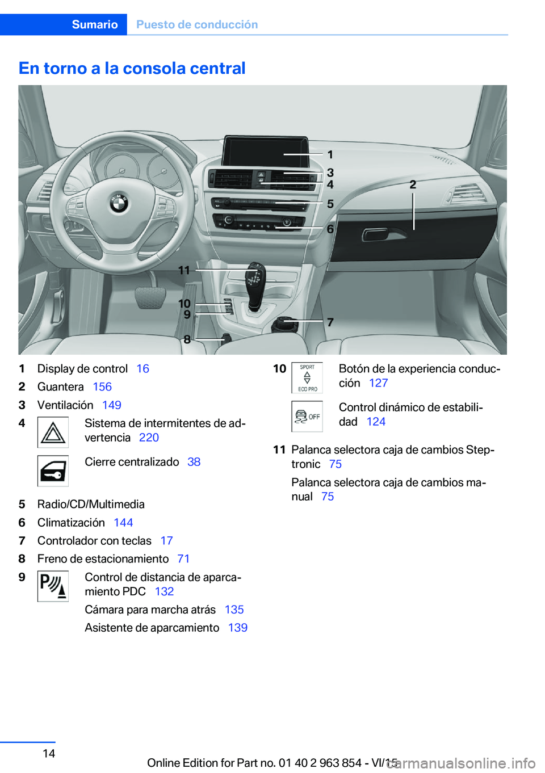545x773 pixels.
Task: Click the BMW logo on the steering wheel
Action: click(x=119, y=203)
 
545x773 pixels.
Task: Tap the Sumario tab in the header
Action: click(x=95, y=24)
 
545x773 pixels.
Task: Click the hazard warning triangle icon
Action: click(x=53, y=432)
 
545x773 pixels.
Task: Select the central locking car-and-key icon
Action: click(x=53, y=471)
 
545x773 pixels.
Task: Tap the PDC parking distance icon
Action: click(x=53, y=586)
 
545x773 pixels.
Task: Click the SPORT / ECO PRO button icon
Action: click(x=307, y=378)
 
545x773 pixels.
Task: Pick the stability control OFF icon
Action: click(x=307, y=417)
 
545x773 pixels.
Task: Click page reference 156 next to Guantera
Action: click(x=102, y=387)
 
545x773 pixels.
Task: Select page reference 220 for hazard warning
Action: click(x=149, y=438)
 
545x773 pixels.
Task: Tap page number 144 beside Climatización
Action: click(x=123, y=523)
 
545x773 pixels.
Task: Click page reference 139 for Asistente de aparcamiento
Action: click(x=238, y=628)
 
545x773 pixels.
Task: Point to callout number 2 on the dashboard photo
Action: click(x=413, y=184)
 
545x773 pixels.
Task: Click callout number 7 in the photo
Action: click(x=330, y=322)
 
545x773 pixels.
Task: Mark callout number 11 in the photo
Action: click(x=184, y=271)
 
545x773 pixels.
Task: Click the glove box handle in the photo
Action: click(x=375, y=234)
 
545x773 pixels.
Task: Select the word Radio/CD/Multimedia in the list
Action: click(x=91, y=505)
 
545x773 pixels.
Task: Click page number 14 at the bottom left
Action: click(x=49, y=754)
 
